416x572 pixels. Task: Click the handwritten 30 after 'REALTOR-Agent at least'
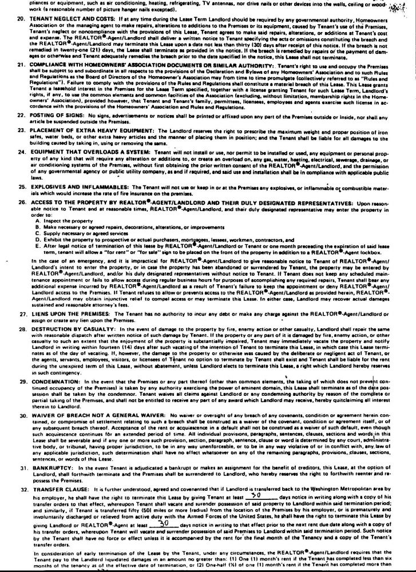pos(163,507)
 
